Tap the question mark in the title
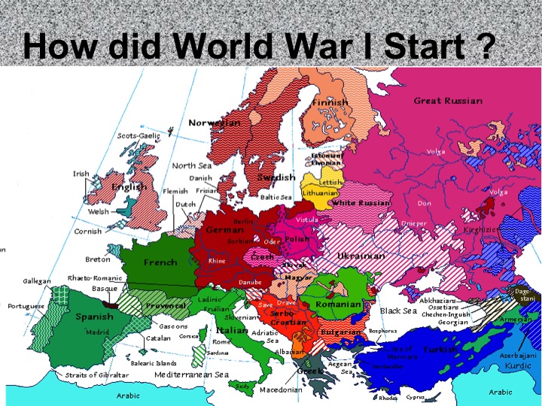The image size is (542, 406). tap(486, 47)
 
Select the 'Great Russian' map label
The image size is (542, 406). tap(448, 101)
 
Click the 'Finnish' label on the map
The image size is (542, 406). tap(330, 102)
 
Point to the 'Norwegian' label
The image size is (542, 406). tap(215, 123)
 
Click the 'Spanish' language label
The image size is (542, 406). tap(94, 317)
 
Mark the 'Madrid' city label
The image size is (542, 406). tap(97, 332)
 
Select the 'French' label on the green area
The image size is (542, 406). tap(160, 262)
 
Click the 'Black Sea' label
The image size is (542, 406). tap(398, 311)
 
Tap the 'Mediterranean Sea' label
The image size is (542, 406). tap(191, 374)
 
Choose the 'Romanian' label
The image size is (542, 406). tap(339, 304)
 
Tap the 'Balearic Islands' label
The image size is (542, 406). tap(153, 363)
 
